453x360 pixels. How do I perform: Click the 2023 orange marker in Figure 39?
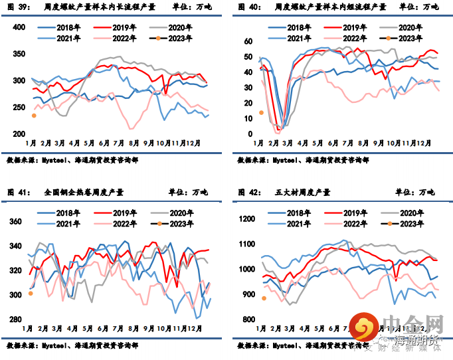click(34, 116)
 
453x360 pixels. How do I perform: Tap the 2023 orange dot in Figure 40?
click(261, 112)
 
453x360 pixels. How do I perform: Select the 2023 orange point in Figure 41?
click(31, 293)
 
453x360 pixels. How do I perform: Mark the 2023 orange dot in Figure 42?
click(264, 298)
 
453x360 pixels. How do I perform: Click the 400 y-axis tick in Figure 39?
click(19, 27)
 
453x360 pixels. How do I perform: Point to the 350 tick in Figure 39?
click(19, 54)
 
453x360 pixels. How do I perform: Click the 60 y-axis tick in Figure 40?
click(249, 41)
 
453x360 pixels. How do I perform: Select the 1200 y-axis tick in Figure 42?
click(246, 219)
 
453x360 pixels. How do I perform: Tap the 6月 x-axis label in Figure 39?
click(104, 143)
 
